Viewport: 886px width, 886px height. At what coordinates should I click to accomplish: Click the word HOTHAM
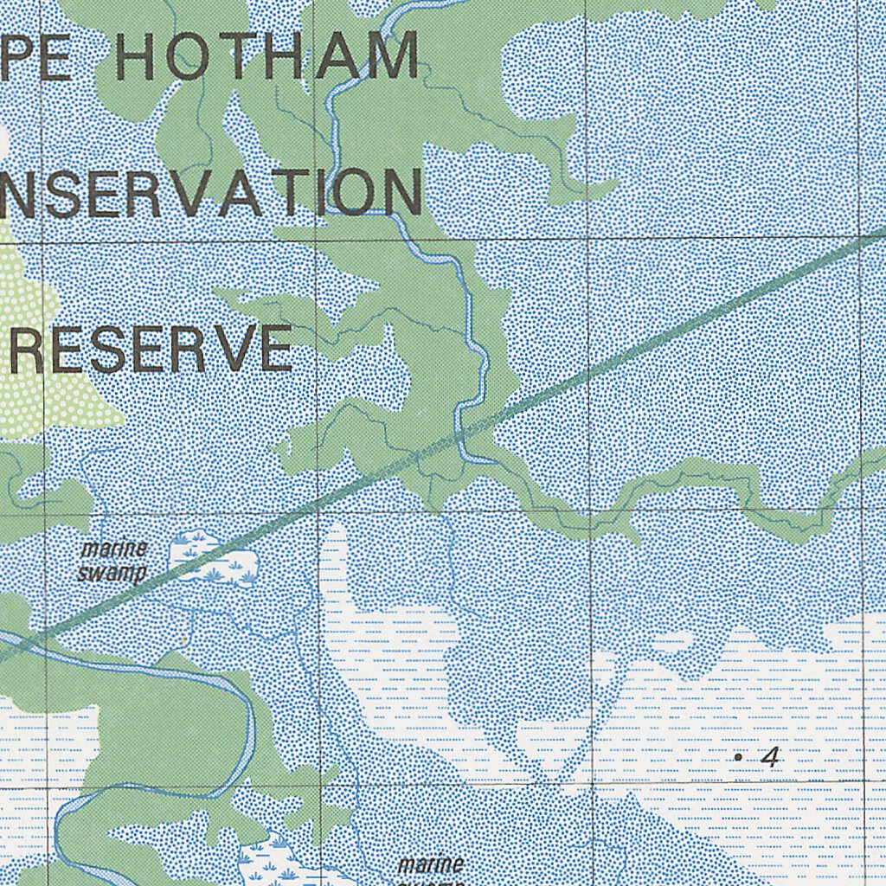(266, 57)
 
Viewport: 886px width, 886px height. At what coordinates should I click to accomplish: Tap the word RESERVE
(151, 350)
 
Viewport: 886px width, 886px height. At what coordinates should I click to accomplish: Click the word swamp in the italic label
(111, 573)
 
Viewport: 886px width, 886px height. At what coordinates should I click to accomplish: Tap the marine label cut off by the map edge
(431, 865)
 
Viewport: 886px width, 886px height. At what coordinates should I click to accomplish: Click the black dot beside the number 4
(738, 758)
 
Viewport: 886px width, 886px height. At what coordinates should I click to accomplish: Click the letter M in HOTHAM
(389, 57)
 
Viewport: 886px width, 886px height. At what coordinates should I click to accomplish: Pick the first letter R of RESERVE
(29, 350)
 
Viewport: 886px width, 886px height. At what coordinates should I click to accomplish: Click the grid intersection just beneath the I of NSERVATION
(314, 241)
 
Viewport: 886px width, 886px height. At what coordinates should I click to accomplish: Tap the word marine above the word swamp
(114, 550)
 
